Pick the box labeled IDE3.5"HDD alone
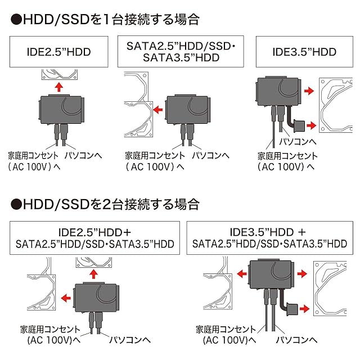click(x=304, y=53)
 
